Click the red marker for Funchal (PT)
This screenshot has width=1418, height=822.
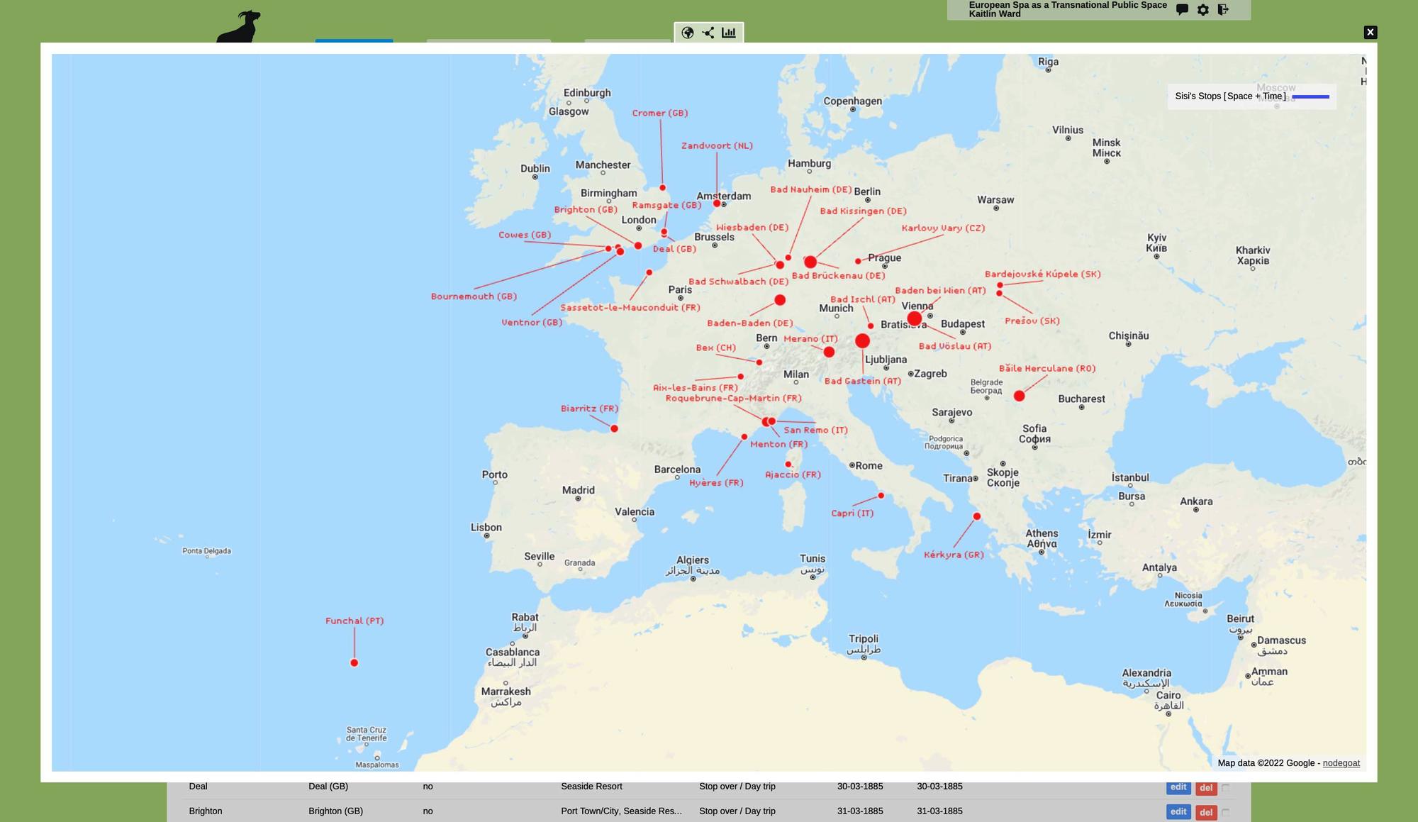click(354, 663)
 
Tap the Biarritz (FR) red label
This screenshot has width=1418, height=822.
click(589, 409)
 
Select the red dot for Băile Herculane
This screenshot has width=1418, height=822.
click(1019, 396)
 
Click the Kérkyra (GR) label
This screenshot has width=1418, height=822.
click(954, 555)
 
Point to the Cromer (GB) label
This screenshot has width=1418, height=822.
click(659, 113)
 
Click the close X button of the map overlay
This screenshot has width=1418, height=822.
click(1370, 32)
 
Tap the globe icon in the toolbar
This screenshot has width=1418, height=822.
click(687, 33)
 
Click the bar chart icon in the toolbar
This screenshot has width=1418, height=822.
click(728, 33)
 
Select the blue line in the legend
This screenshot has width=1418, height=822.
click(1310, 96)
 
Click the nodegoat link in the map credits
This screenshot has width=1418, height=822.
click(1341, 763)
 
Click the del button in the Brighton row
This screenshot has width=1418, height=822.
click(1205, 812)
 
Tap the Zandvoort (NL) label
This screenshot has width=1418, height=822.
click(717, 145)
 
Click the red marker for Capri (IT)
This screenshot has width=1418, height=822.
click(881, 496)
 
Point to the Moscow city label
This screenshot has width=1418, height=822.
click(1275, 88)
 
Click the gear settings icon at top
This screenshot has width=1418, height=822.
click(1202, 10)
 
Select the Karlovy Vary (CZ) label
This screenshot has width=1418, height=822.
click(943, 228)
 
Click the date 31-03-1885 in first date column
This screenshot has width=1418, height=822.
click(859, 811)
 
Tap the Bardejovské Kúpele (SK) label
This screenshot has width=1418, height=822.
click(1042, 274)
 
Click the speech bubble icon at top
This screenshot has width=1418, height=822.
click(1182, 10)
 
